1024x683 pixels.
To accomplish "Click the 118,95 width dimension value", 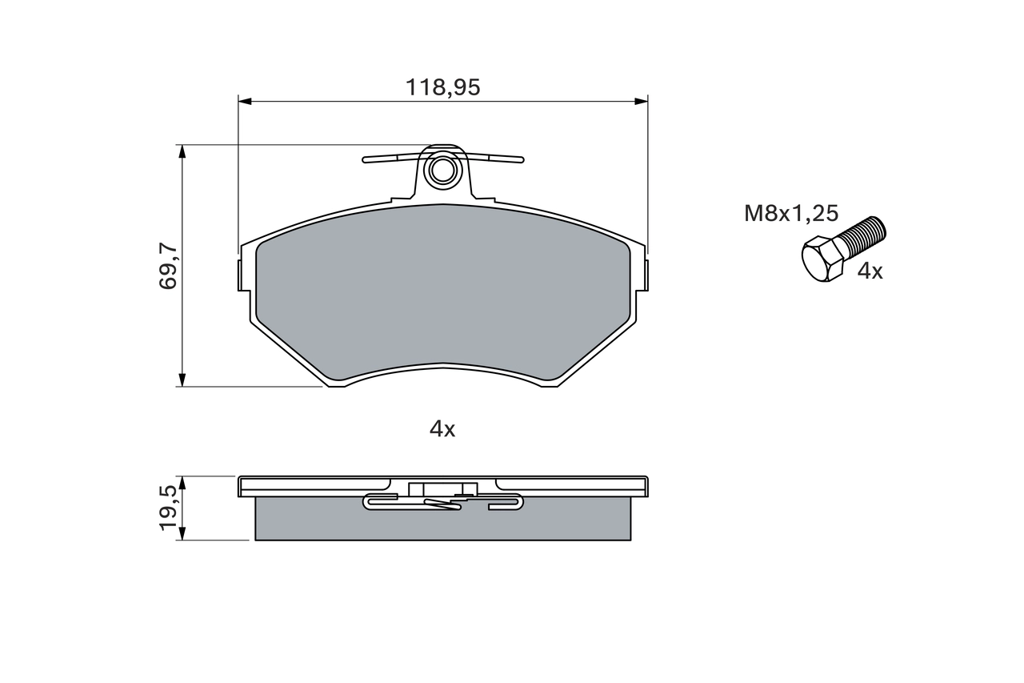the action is [x=443, y=87].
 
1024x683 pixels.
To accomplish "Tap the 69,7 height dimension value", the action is [x=168, y=266].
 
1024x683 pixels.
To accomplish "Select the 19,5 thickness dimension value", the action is [x=167, y=508].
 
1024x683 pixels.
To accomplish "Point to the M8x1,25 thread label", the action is [x=791, y=214].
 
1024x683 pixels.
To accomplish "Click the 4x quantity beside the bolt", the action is [x=870, y=271].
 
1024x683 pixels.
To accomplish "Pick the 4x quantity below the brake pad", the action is [x=442, y=429].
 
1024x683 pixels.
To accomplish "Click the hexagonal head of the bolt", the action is [x=822, y=259].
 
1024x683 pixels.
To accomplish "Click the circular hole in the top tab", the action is [x=442, y=171].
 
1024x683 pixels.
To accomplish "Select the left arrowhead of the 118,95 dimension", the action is [x=245, y=101].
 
